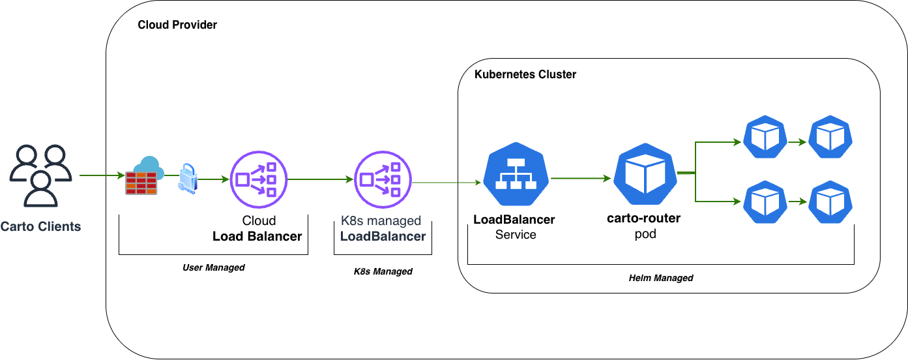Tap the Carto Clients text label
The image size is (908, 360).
(40, 227)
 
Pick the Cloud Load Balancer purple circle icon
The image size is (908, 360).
(258, 179)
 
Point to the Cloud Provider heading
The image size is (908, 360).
(177, 25)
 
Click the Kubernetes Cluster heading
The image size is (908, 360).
(525, 74)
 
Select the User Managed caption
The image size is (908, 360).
(213, 267)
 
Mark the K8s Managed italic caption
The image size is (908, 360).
(379, 271)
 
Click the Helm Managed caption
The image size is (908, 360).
(661, 278)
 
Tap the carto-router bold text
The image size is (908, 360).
(643, 218)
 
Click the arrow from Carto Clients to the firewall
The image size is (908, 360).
(102, 176)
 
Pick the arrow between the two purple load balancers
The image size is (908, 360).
(319, 179)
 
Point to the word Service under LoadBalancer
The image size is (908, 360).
(516, 235)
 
